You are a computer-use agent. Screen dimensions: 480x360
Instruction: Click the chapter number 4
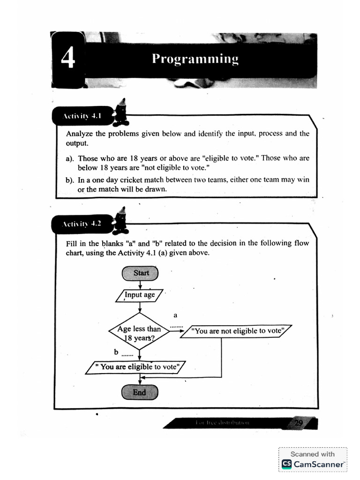pyautogui.click(x=68, y=60)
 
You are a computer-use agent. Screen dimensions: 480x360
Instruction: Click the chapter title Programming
pyautogui.click(x=195, y=59)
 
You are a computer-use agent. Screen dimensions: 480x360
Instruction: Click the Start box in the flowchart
pyautogui.click(x=140, y=273)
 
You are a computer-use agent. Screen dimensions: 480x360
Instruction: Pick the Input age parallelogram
pyautogui.click(x=140, y=295)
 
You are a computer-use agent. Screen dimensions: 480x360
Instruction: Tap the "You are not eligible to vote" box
pyautogui.click(x=239, y=331)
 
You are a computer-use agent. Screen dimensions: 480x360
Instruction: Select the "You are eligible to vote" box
pyautogui.click(x=136, y=367)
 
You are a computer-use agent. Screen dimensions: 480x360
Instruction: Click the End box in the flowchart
pyautogui.click(x=140, y=392)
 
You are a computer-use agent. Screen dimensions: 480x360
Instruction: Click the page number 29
pyautogui.click(x=298, y=423)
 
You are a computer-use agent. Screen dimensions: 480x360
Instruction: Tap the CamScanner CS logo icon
pyautogui.click(x=286, y=464)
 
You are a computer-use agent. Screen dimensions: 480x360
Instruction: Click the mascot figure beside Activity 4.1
pyautogui.click(x=121, y=113)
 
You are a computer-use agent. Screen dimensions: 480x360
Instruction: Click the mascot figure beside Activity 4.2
pyautogui.click(x=121, y=221)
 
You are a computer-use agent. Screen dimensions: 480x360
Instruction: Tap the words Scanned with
pyautogui.click(x=313, y=454)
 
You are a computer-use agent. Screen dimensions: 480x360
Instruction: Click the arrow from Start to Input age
pyautogui.click(x=140, y=284)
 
